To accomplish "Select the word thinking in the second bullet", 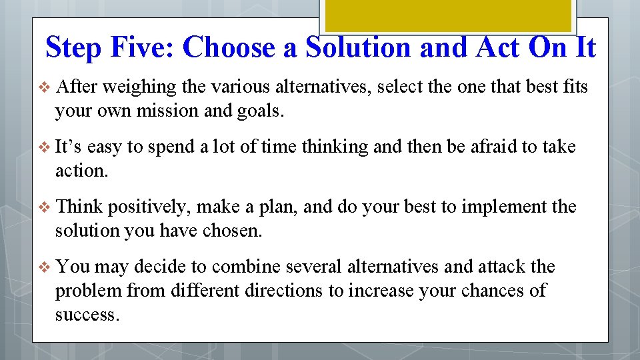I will (335, 147).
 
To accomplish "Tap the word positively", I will (144, 207).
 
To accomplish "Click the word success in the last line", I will (87, 315).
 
